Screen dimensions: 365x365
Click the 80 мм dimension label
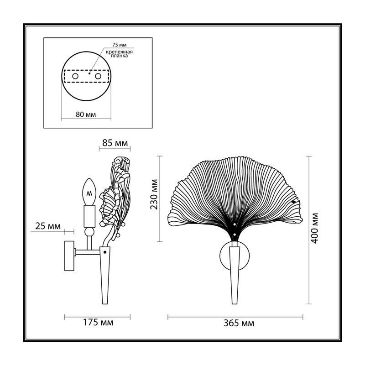[86, 115]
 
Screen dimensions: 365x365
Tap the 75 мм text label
[120, 45]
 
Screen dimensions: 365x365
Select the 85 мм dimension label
[115, 143]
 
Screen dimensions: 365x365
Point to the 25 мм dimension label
[48, 226]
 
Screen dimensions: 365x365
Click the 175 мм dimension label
[98, 323]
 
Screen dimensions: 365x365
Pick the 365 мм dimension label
[239, 323]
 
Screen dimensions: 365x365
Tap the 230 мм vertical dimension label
[154, 194]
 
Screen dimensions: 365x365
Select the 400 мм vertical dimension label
[315, 228]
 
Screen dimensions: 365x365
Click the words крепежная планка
[119, 54]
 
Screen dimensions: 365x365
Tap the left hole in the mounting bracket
[75, 76]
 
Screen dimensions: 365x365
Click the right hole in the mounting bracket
[98, 76]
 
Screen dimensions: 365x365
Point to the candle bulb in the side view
[89, 192]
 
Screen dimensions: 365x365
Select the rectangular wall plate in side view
[69, 256]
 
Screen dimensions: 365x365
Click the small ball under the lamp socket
[89, 232]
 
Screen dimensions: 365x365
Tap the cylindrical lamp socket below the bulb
[89, 216]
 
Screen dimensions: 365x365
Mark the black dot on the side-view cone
[105, 252]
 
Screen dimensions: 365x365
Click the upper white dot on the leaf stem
[235, 224]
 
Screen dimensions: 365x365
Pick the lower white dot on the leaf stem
[235, 235]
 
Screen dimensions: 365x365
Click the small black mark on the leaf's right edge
[294, 202]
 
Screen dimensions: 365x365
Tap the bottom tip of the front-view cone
[235, 304]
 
